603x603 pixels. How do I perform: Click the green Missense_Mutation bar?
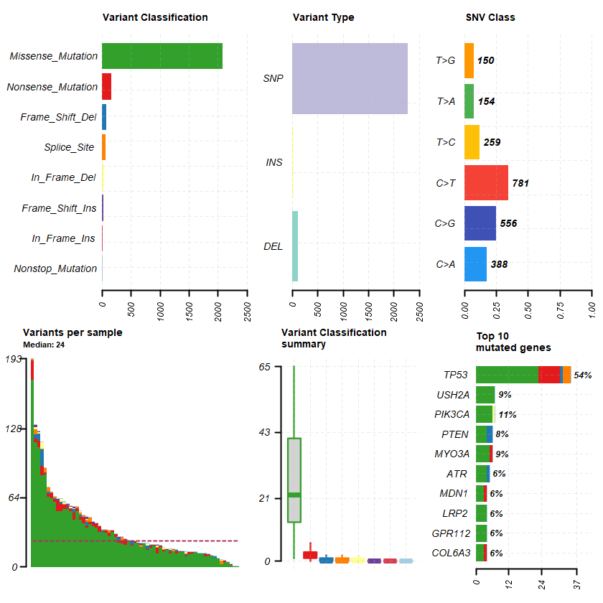click(162, 56)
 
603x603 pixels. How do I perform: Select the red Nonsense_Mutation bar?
click(106, 87)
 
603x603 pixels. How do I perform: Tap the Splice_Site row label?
click(69, 147)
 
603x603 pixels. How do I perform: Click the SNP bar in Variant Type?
click(350, 78)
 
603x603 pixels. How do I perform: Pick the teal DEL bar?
click(295, 246)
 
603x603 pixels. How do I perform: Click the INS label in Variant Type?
click(274, 162)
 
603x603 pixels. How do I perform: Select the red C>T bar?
click(486, 183)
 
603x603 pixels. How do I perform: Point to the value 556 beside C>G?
click(508, 223)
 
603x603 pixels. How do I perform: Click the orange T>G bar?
click(469, 60)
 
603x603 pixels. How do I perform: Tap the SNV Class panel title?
click(490, 17)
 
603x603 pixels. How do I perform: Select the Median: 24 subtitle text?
click(45, 344)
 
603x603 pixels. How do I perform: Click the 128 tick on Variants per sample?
click(14, 429)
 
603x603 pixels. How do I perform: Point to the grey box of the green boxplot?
click(294, 480)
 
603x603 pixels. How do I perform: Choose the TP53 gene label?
click(453, 375)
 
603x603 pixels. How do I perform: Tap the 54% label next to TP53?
click(583, 375)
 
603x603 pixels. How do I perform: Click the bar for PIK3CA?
click(485, 414)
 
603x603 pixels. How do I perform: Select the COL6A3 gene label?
click(451, 553)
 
